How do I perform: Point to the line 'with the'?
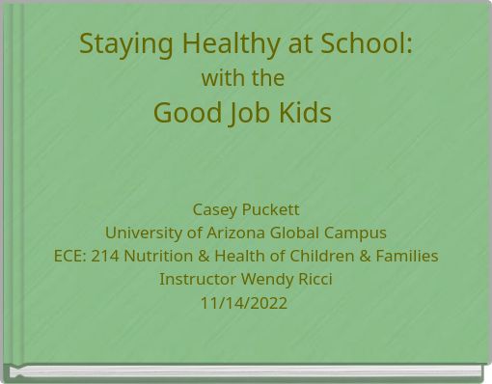(x=242, y=77)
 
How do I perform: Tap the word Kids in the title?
(x=305, y=112)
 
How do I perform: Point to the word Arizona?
(x=239, y=233)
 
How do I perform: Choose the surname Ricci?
(x=314, y=279)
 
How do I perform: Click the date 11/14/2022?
(x=244, y=302)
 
